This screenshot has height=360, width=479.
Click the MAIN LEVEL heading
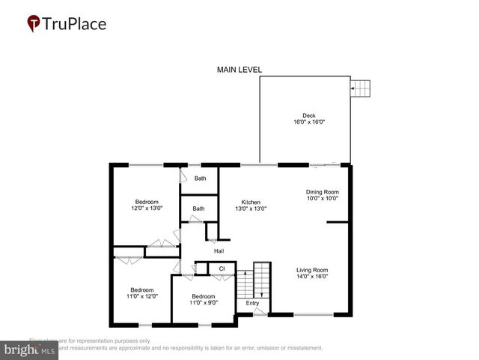coord(239,70)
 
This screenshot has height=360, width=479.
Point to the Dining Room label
coord(322,191)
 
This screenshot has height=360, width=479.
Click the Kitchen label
coord(250,202)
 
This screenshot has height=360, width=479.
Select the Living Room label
coord(312,270)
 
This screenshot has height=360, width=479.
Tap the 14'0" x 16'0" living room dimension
coord(312,277)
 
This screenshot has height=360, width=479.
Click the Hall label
coord(219,251)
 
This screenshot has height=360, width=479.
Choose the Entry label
coord(252,303)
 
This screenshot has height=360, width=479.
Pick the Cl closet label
coord(222,268)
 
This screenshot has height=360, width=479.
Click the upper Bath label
coord(200,178)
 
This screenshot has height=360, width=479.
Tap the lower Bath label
coord(198,208)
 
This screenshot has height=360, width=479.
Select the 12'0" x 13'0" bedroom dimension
coord(147,208)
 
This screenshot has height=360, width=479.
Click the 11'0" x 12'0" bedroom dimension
coord(142,296)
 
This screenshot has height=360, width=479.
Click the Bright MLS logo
coord(29,349)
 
